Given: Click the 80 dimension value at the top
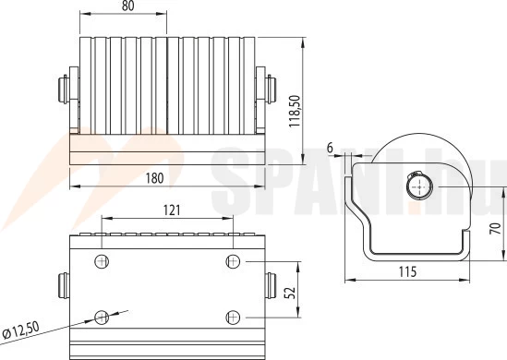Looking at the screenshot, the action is click(x=128, y=6).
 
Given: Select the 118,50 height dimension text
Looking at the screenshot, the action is click(x=295, y=111).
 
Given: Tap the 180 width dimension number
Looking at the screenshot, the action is click(x=154, y=178).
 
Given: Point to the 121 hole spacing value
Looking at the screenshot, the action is click(x=172, y=210).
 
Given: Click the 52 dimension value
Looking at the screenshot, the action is click(x=291, y=293).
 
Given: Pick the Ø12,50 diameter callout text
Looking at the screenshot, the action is click(x=20, y=330).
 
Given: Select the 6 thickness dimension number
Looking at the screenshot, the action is click(x=330, y=148).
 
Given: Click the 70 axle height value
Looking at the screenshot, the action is click(x=495, y=229).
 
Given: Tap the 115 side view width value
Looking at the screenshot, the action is click(x=407, y=271).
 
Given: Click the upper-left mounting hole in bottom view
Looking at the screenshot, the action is click(x=102, y=261).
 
